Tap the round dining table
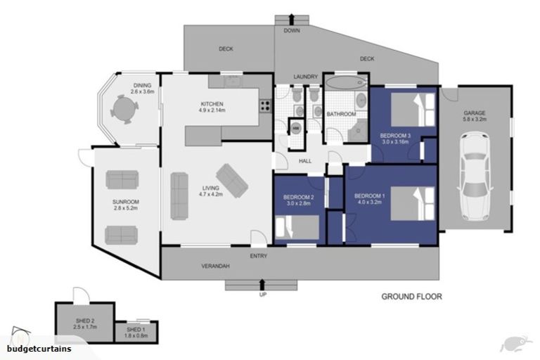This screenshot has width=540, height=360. point(124,109)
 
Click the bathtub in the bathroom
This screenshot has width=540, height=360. point(345,83)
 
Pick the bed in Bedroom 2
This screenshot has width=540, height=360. point(298,228)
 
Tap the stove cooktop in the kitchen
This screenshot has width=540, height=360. point(266,107)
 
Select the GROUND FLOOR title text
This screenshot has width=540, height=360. point(411,297)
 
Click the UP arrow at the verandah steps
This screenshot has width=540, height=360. point(262,284)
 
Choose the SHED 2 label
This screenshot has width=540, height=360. point(84,321)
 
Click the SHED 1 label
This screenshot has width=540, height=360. point(136,329)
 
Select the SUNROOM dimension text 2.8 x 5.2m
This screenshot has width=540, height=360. point(125,208)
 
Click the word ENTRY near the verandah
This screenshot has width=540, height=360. point(258,256)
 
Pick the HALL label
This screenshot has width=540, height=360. point(305,161)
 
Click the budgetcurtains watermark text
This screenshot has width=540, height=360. point(39,349)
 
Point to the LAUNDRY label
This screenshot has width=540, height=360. point(306,77)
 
